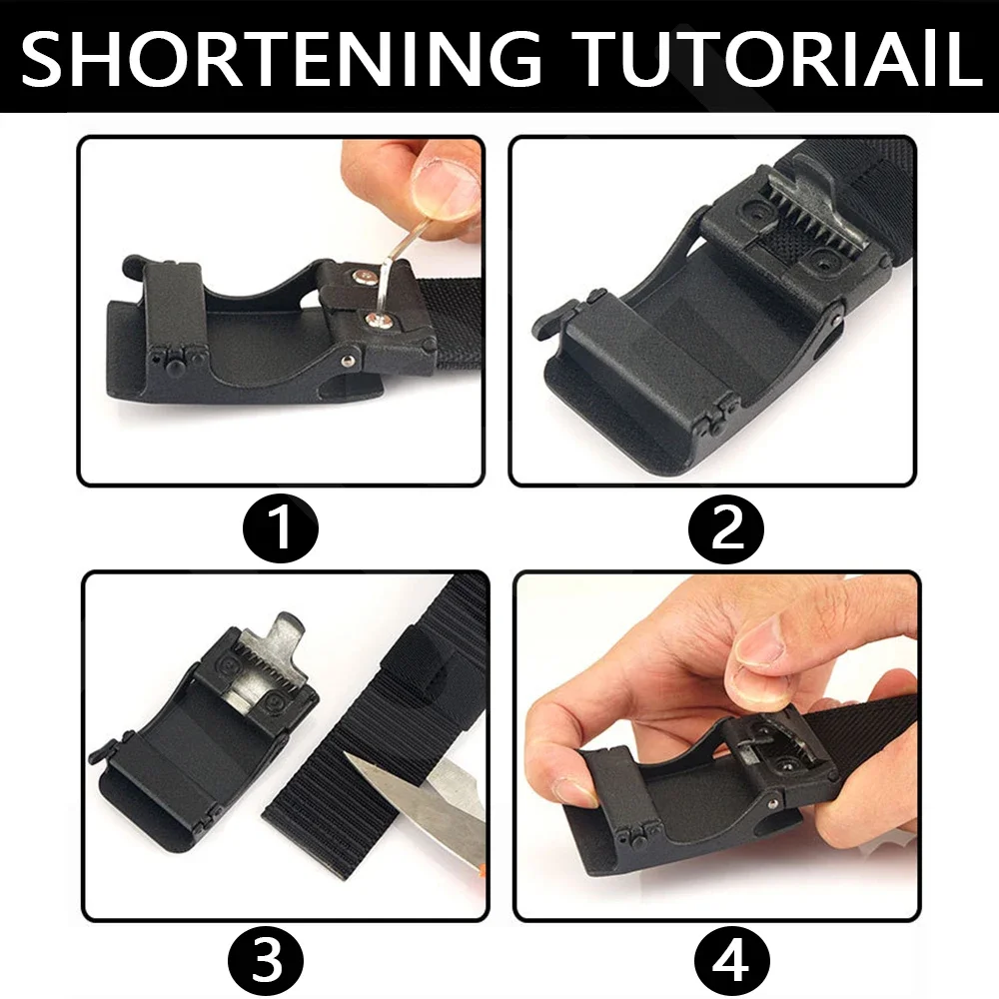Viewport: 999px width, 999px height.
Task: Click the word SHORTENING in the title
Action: tap(281, 59)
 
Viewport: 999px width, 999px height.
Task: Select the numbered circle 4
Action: tap(731, 962)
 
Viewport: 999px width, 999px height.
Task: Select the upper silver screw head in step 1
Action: tap(364, 276)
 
